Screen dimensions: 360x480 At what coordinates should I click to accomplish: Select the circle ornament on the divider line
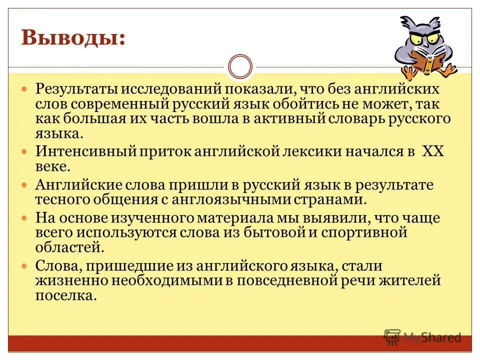coord(240,67)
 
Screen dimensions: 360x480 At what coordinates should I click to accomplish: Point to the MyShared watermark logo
coord(422,337)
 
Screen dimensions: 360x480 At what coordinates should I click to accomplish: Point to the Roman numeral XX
coord(433,151)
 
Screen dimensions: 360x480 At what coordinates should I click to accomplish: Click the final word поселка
coord(65,295)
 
